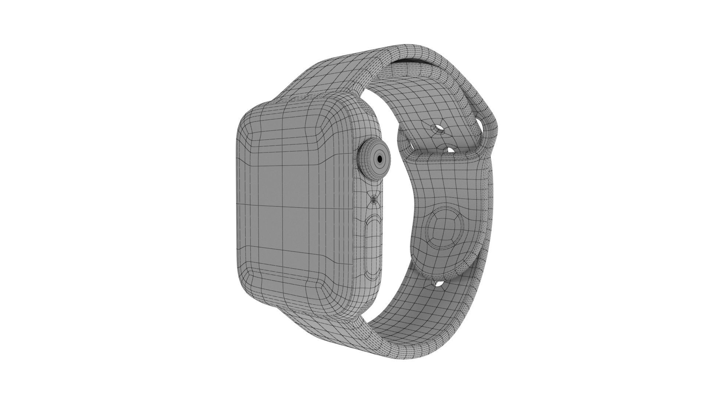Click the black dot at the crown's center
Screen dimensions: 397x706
tap(379, 158)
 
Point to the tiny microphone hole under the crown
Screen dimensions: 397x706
tap(374, 200)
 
